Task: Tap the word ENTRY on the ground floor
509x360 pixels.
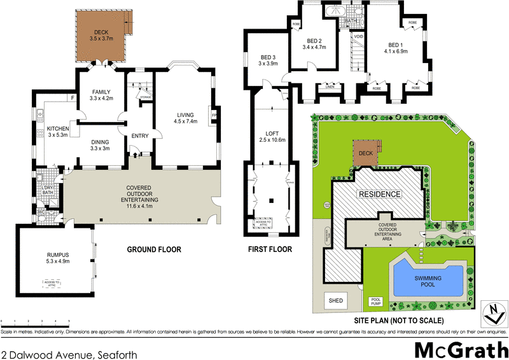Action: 139,135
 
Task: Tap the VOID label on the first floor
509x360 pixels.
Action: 358,37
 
